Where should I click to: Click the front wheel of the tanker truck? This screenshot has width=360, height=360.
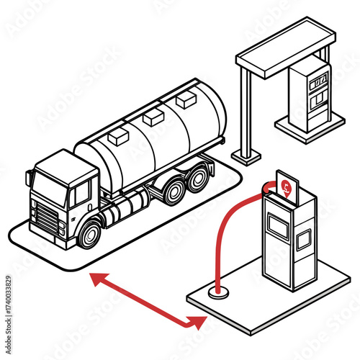tap(90, 233)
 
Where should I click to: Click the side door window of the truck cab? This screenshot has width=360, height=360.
tap(81, 192)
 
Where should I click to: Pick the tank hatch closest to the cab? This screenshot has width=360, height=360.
tap(117, 136)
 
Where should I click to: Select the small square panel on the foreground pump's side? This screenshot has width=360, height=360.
tap(302, 238)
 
